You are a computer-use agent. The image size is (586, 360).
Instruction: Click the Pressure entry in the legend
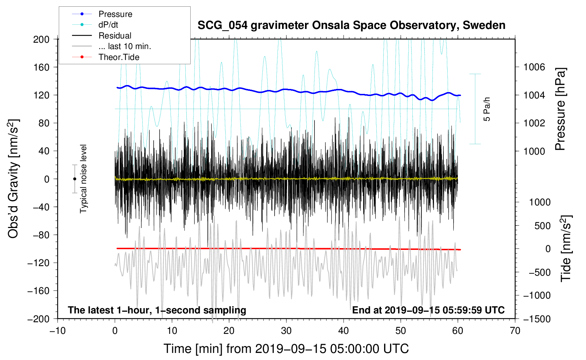point(115,14)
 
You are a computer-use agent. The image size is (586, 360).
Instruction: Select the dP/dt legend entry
point(108,25)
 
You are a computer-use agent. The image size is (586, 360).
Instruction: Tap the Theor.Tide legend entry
point(119,57)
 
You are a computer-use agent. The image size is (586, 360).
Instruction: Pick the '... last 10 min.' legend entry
point(125,46)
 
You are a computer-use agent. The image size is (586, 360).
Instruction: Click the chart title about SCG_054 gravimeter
point(351,25)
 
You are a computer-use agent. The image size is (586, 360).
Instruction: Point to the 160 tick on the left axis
point(41,67)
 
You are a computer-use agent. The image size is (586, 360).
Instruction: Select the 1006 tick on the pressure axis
point(534,67)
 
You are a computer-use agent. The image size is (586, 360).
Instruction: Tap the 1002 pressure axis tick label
point(534,123)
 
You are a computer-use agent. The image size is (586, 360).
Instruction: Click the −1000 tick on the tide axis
point(537,295)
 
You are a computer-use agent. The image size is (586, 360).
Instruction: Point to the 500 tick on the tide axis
point(542,226)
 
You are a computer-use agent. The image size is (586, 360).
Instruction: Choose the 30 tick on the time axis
point(286,331)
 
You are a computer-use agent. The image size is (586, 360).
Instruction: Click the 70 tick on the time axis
point(515,331)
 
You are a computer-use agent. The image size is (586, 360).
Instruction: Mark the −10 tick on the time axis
point(58,331)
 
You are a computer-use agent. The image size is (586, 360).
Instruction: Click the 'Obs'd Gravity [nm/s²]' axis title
point(13,179)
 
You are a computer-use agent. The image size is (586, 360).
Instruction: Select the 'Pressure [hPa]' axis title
point(560,109)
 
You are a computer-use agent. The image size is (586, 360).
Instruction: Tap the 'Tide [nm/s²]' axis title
point(566,248)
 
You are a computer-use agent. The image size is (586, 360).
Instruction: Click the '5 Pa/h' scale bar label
point(487,109)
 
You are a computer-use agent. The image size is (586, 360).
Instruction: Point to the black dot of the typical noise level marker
point(74,179)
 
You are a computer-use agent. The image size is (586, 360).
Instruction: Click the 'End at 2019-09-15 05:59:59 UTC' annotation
point(428,310)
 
